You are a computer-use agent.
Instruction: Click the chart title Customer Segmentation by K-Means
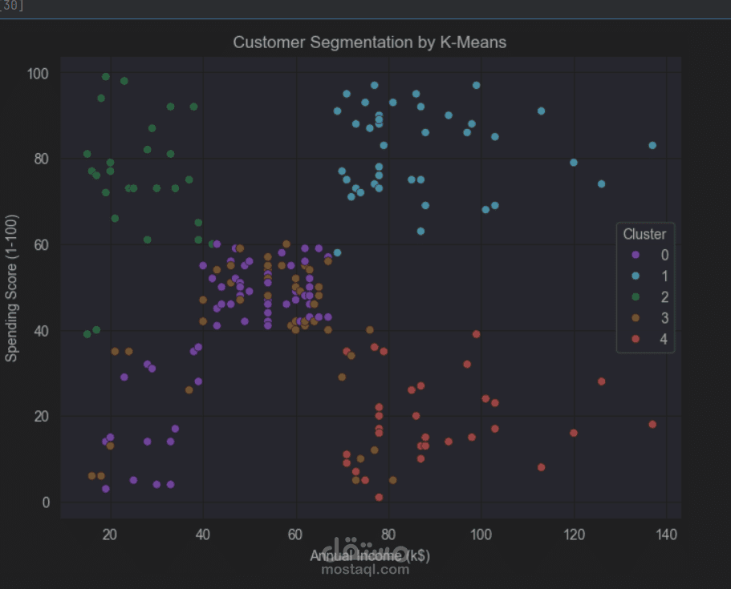[x=369, y=42]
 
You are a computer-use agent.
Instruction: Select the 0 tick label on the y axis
[x=47, y=502]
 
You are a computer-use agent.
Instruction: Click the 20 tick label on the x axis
[x=110, y=534]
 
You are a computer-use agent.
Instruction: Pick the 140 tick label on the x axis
[x=666, y=534]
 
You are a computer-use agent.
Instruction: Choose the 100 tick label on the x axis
[x=481, y=534]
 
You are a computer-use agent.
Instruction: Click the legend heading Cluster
[x=644, y=234]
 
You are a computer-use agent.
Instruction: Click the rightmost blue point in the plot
[x=652, y=145]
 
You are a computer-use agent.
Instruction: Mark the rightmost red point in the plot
[x=652, y=425]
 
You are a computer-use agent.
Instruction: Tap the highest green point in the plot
[x=106, y=77]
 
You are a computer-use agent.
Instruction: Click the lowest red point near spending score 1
[x=379, y=498]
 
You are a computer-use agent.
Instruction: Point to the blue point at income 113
[x=541, y=111]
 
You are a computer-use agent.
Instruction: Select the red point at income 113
[x=541, y=467]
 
